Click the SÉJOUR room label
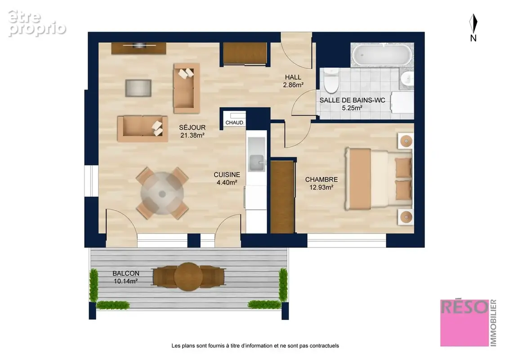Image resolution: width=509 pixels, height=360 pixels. tap(192, 127)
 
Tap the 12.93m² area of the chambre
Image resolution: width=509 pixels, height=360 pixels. tap(321, 187)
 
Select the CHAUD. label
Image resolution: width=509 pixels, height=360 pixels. tap(235, 122)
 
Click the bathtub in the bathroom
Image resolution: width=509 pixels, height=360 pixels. tap(382, 54)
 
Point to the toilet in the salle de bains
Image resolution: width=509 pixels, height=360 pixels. tap(331, 80)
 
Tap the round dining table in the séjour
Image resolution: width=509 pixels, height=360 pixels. tap(162, 193)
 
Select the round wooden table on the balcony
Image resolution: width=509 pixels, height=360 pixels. tap(188, 276)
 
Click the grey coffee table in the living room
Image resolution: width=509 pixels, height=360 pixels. tap(138, 88)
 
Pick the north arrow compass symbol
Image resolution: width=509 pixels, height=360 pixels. tap(473, 23)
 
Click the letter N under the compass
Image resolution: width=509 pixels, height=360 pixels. tap(473, 38)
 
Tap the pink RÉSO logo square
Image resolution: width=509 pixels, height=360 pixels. tap(464, 323)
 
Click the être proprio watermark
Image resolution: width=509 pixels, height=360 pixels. tap(37, 23)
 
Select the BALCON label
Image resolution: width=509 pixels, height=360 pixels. tap(126, 274)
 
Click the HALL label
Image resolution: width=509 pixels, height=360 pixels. tap(293, 77)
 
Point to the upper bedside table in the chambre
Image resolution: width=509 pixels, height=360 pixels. tap(406, 141)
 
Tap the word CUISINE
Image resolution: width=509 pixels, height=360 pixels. tap(227, 175)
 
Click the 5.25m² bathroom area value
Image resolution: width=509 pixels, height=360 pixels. tap(352, 108)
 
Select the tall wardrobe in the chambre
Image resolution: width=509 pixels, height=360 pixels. tap(282, 197)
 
